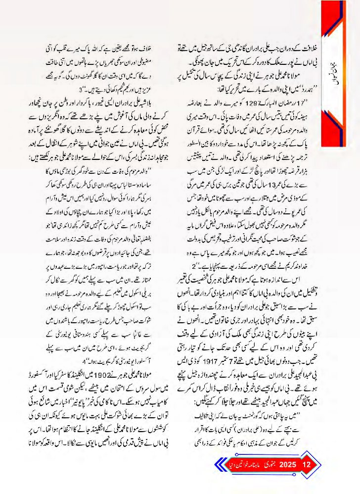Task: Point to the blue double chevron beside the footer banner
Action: (x=216, y=465)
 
